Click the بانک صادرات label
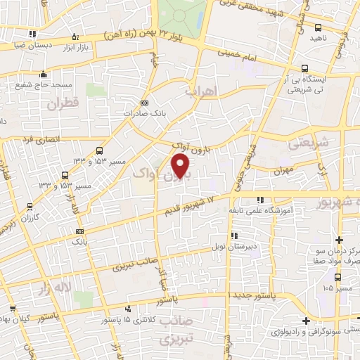point(146,113)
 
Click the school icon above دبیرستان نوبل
point(233,235)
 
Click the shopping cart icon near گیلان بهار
point(11,307)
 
